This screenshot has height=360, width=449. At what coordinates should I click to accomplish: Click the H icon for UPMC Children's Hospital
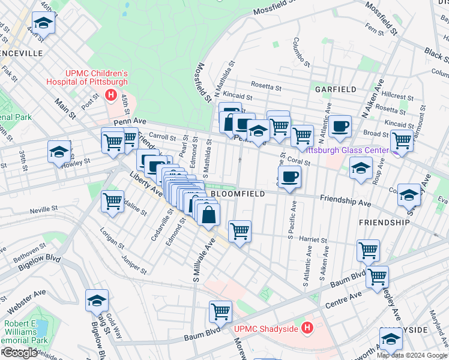tap(110, 95)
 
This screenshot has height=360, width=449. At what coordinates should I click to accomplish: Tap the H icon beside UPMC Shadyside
tap(307, 328)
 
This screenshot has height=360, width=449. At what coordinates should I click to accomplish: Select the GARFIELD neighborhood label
tap(336, 89)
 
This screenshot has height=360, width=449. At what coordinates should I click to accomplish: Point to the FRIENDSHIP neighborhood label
tap(384, 222)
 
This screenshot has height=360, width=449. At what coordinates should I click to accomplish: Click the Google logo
tap(20, 353)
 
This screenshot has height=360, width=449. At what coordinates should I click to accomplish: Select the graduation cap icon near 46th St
tap(43, 23)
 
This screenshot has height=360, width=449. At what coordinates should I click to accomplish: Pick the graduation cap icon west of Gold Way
tap(97, 301)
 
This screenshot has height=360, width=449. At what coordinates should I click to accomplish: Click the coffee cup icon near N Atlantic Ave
tap(340, 126)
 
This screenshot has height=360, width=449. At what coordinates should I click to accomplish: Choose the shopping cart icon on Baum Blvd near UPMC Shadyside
tap(220, 311)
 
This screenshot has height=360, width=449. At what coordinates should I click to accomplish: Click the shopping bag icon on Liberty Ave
tap(208, 214)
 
